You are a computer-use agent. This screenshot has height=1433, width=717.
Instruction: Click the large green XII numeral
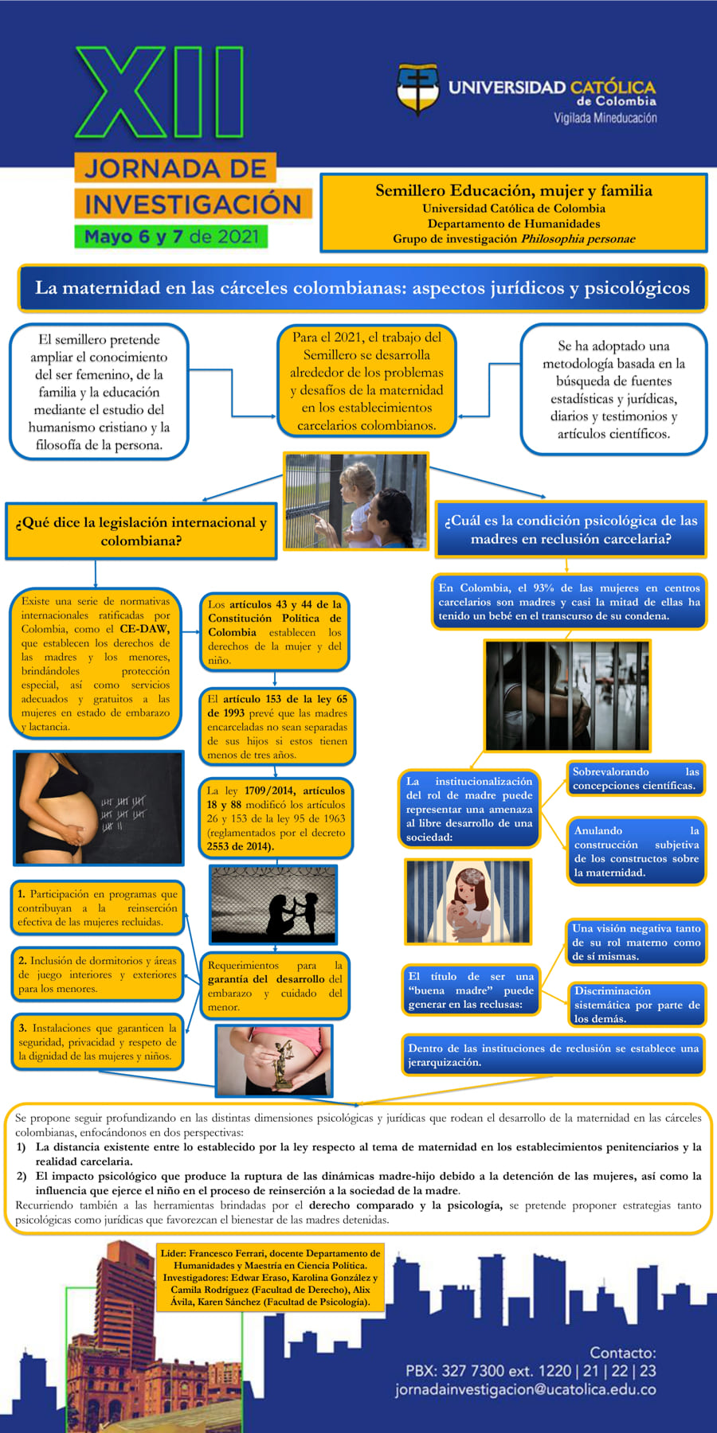click(159, 93)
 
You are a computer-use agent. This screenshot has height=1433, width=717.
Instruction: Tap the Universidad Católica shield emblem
click(418, 90)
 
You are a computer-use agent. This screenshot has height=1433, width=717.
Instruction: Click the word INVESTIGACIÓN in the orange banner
click(194, 204)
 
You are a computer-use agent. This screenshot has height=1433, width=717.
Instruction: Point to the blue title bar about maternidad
click(362, 288)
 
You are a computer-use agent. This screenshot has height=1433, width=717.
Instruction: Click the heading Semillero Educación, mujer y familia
click(514, 190)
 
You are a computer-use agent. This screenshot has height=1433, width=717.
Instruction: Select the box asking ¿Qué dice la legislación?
click(141, 531)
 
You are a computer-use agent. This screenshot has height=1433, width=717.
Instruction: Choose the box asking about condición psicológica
click(571, 529)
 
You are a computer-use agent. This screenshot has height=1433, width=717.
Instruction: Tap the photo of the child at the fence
click(356, 501)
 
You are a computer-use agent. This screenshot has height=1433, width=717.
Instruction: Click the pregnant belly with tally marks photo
click(99, 807)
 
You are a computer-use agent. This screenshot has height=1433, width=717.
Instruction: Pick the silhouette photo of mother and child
click(273, 904)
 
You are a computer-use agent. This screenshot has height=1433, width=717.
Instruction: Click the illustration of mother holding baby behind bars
click(468, 901)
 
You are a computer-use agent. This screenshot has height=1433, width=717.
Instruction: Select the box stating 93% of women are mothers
click(569, 602)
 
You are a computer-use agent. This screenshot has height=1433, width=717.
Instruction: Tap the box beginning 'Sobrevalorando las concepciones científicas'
click(636, 779)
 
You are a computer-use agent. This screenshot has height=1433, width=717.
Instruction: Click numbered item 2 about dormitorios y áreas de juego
click(97, 974)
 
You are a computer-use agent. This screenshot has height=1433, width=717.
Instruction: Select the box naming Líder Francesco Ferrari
click(270, 1277)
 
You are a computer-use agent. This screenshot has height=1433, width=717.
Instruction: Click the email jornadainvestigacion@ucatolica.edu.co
click(525, 1389)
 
